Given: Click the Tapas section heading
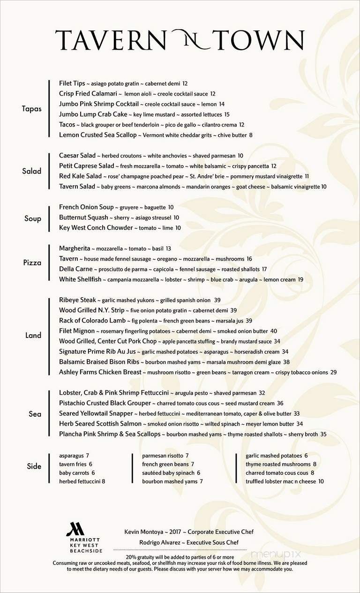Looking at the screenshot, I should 31,109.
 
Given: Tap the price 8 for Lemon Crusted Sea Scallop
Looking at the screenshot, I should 251,135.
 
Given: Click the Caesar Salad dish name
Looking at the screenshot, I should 77,156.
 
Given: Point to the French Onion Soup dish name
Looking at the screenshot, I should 86,207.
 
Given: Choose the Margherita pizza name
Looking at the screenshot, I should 74,248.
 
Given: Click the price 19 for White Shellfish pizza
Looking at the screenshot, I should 300,279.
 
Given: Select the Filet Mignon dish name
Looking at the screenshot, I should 77,331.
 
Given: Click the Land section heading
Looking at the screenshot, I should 33,335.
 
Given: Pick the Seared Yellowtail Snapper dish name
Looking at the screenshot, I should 96,413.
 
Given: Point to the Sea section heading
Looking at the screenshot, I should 35,414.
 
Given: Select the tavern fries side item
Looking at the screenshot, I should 72,464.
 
